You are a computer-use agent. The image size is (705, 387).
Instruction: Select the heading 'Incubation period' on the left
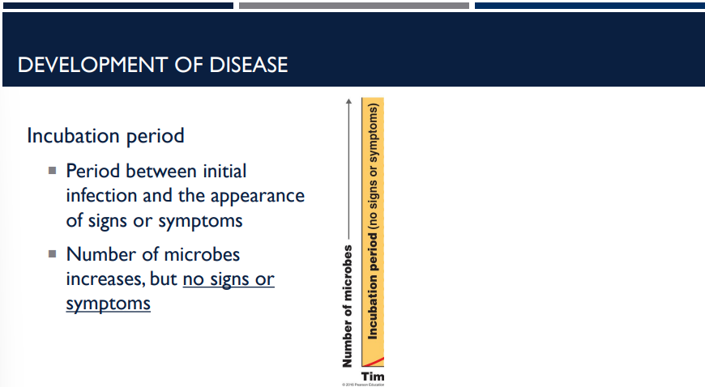coord(105,136)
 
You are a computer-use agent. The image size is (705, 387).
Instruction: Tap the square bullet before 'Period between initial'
coord(52,171)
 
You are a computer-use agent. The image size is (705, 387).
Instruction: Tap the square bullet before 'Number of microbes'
coord(52,253)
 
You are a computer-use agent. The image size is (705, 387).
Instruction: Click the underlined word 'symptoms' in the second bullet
coord(108,304)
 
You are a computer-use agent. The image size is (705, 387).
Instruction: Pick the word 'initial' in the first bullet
coord(222,171)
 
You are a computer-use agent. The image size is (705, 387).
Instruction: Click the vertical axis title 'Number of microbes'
coord(348,303)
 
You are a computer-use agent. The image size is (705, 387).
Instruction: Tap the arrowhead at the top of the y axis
coord(348,102)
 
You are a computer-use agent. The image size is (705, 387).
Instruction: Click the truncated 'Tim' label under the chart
coord(373,376)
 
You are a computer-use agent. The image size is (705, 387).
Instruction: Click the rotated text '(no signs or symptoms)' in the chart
coord(374,166)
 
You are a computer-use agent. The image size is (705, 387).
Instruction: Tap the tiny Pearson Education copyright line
coord(362,384)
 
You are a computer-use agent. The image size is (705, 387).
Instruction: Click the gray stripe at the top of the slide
coord(353,6)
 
